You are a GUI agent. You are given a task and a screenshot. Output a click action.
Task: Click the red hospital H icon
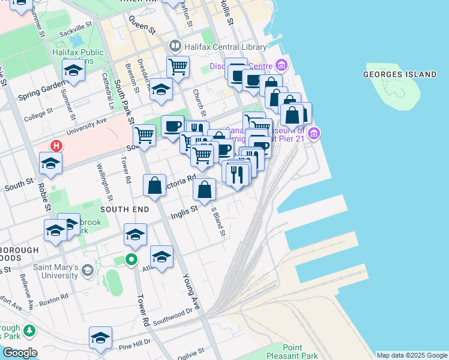pyautogui.click(x=56, y=145)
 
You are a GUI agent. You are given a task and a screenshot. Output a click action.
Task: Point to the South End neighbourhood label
pyautogui.click(x=124, y=209)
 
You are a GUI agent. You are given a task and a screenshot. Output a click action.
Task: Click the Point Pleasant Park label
pyautogui.click(x=293, y=352)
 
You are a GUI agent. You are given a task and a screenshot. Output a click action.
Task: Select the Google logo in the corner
pyautogui.click(x=20, y=353)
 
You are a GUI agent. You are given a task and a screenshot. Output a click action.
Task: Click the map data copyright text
pyautogui.click(x=412, y=355)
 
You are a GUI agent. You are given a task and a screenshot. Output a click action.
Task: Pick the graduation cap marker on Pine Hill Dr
pyautogui.click(x=100, y=337)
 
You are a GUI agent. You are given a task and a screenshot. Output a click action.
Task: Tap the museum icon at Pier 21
pyautogui.click(x=313, y=132)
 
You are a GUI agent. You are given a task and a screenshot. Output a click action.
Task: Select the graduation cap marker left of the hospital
pyautogui.click(x=50, y=163)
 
